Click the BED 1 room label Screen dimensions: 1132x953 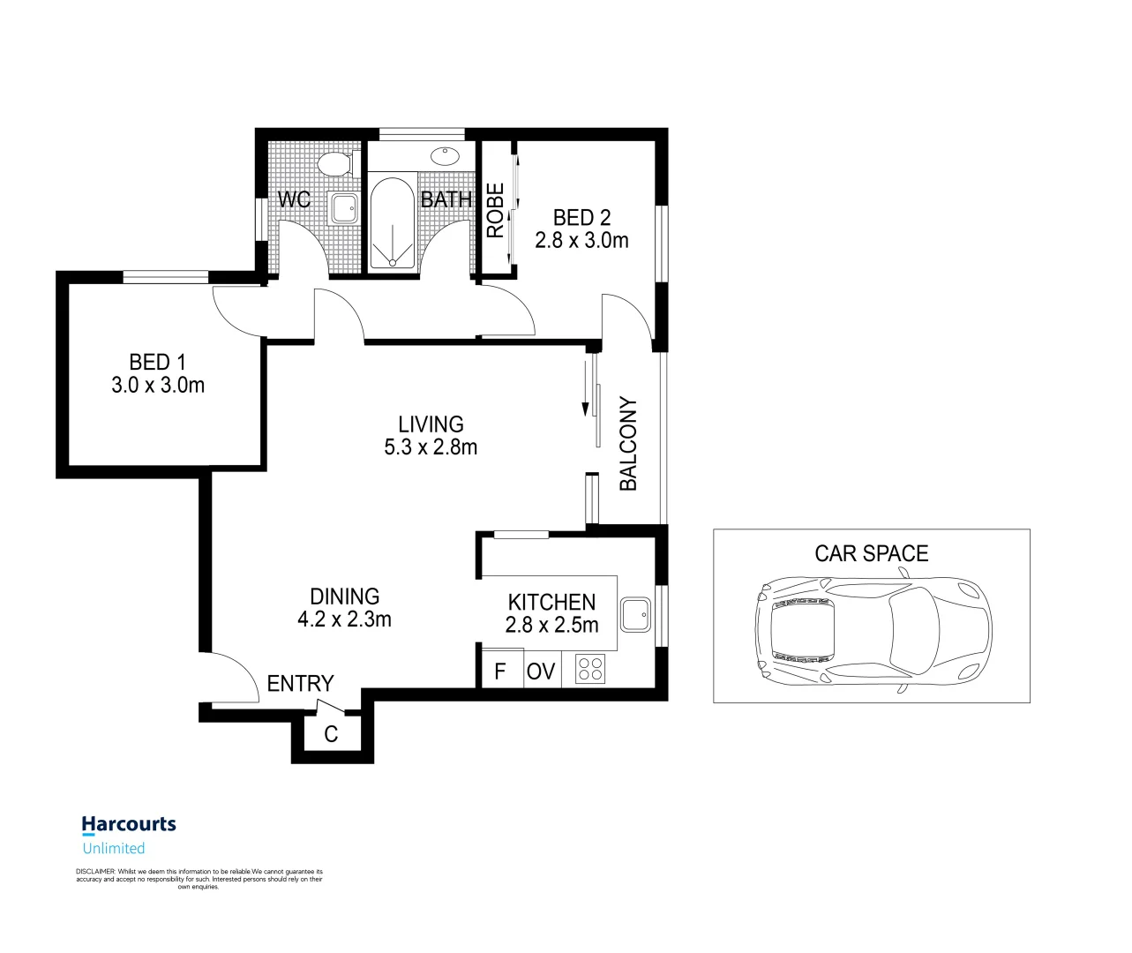[157, 362]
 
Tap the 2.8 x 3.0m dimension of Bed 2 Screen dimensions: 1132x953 [581, 240]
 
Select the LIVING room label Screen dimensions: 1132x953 [431, 424]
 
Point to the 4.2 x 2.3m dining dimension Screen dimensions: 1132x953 [344, 619]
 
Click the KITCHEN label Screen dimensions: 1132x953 [551, 603]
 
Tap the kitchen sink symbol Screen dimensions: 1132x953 [635, 614]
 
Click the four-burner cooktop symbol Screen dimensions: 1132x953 [589, 669]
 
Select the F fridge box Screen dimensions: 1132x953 [500, 671]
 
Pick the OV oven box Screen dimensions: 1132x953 [541, 671]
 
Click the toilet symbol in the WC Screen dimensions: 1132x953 [335, 164]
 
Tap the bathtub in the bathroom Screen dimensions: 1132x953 [391, 223]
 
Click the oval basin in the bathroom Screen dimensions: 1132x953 [445, 156]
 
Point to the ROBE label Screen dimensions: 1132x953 [496, 210]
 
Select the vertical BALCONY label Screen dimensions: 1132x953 [628, 444]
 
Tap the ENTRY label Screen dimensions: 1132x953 [300, 684]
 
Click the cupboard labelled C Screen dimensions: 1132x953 [331, 734]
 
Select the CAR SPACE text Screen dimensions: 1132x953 [871, 553]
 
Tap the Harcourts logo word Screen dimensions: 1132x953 [129, 824]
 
